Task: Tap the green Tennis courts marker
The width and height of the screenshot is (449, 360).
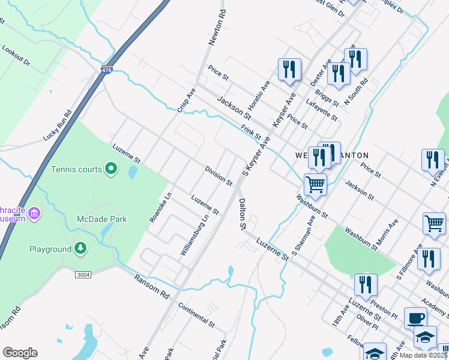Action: point(110,169)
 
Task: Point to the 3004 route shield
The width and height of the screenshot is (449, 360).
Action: point(83,274)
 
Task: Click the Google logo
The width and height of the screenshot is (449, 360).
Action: point(20,353)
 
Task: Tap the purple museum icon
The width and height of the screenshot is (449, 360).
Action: point(34,214)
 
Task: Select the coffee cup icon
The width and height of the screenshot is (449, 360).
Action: point(415,318)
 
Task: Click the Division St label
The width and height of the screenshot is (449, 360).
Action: point(218,175)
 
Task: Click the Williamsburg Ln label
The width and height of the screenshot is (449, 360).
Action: point(194,236)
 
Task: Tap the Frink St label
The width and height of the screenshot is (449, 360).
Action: point(251,132)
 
